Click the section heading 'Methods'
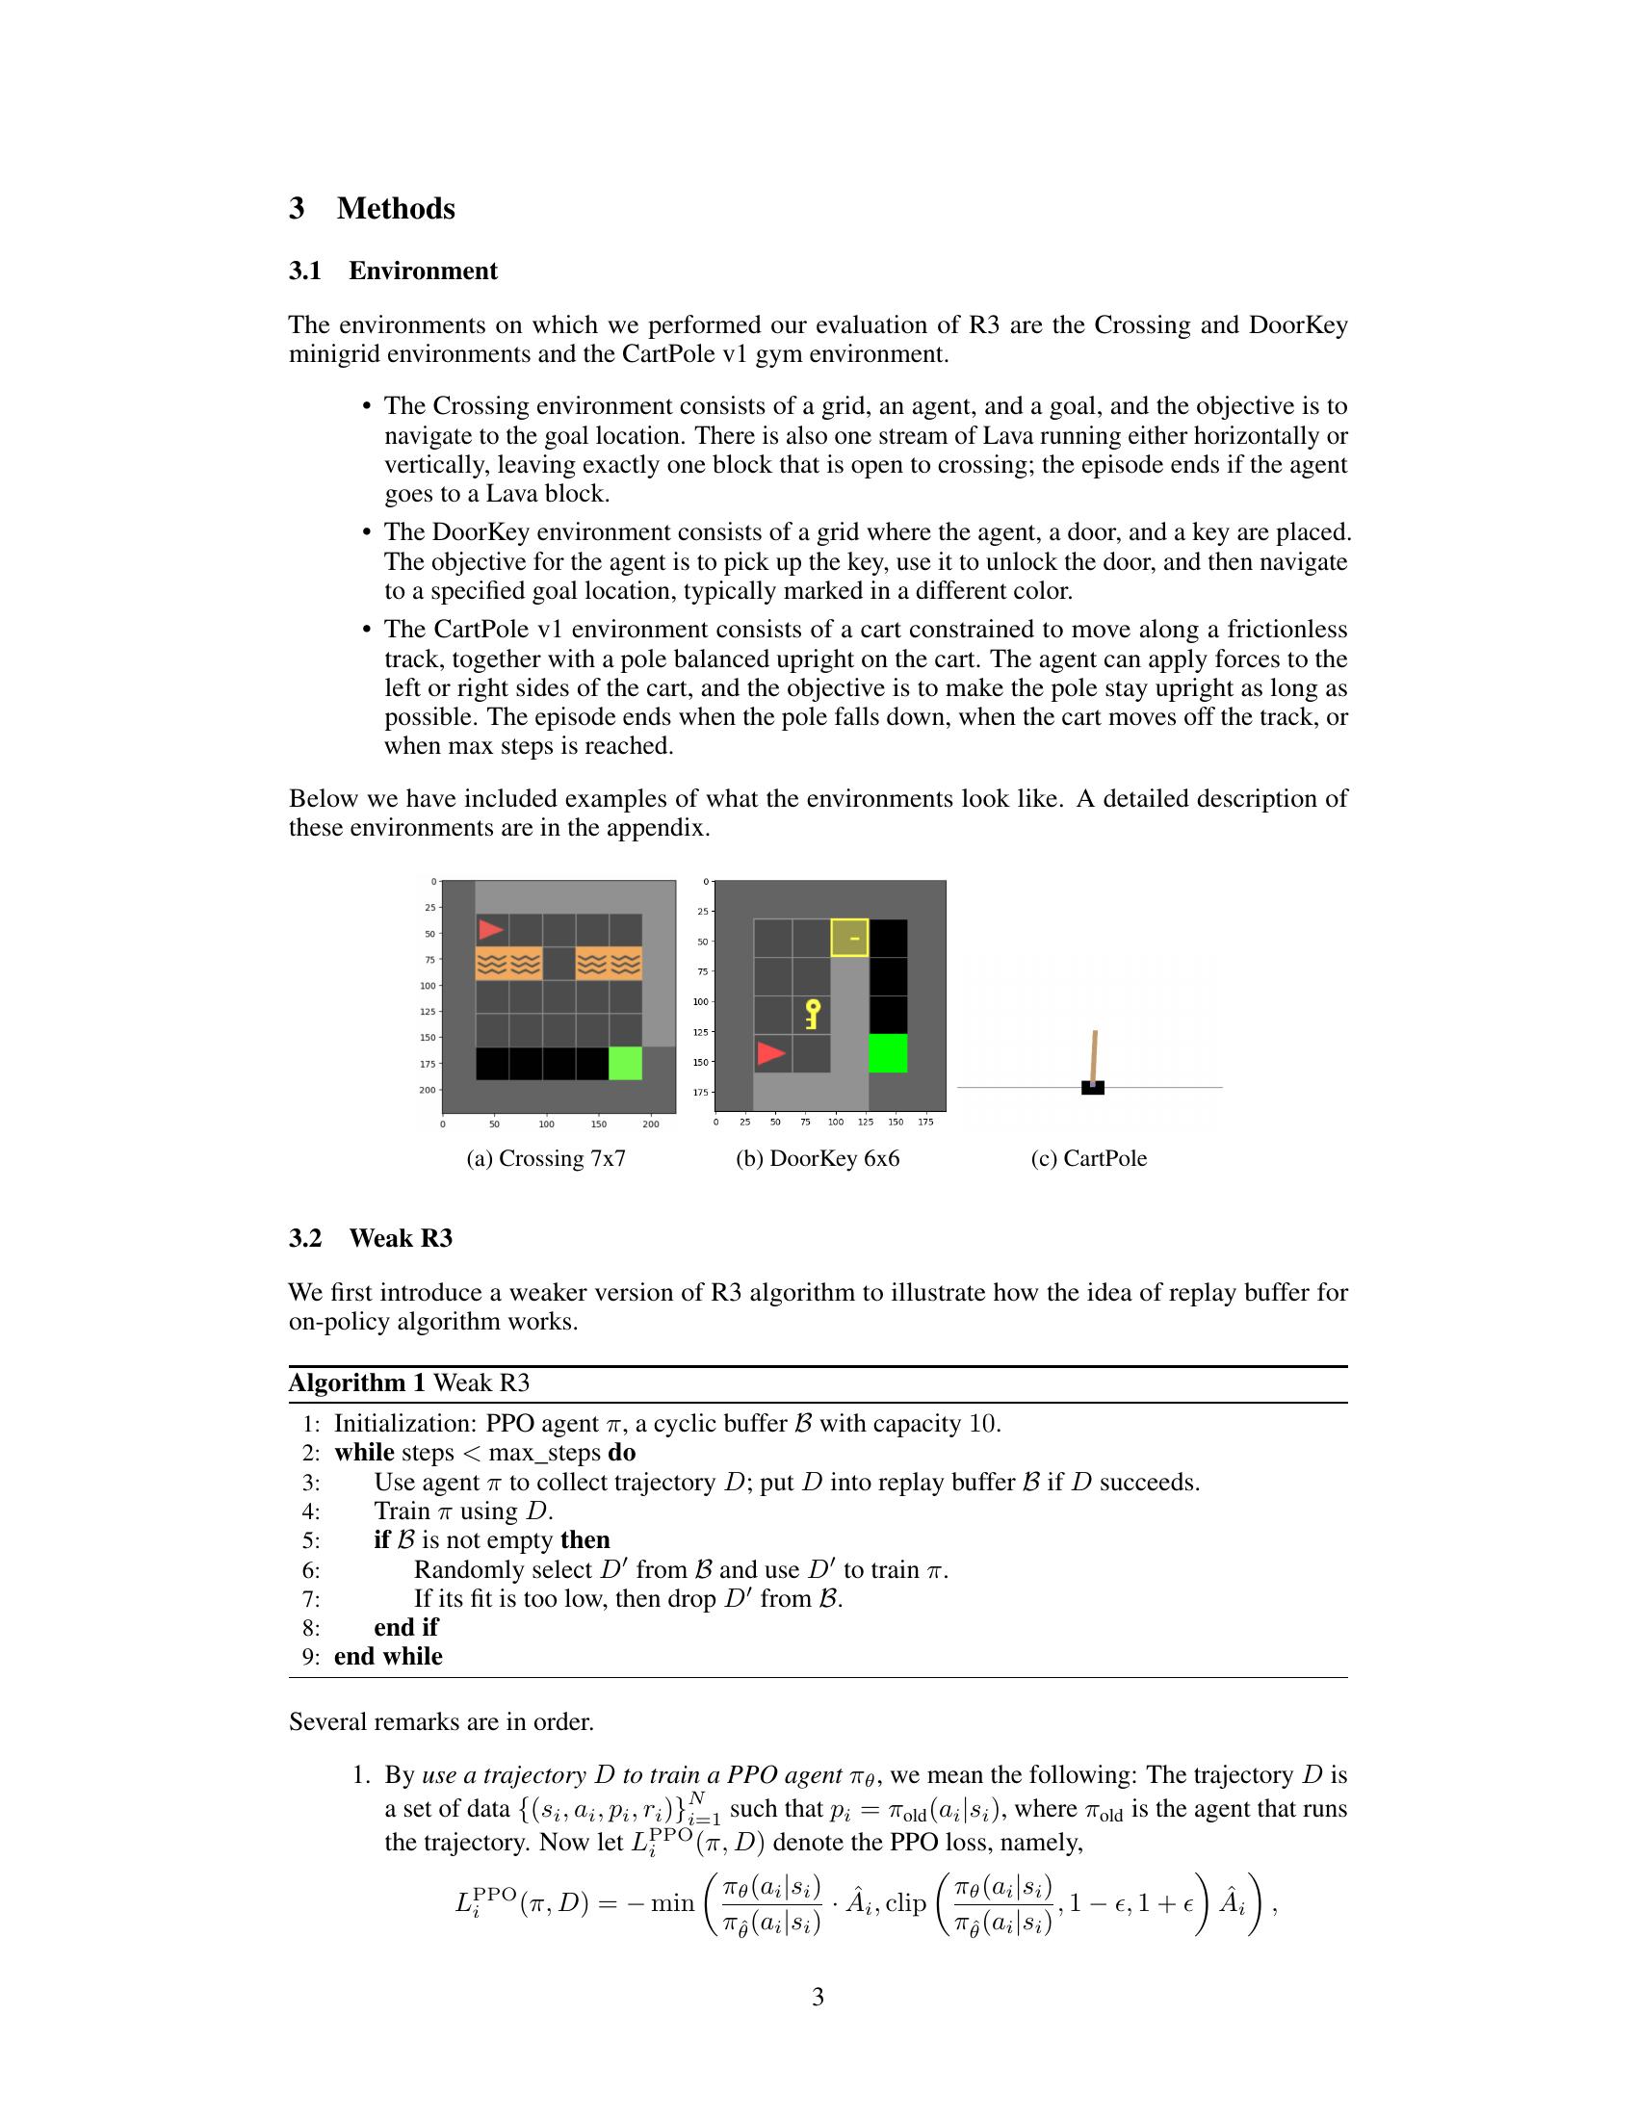click(x=396, y=209)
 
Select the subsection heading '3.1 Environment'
click(x=393, y=271)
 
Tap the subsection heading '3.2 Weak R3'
click(x=371, y=1238)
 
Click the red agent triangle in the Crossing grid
click(x=491, y=930)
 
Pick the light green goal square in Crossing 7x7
click(x=626, y=1063)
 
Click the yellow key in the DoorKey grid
click(x=813, y=1015)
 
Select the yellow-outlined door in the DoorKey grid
click(x=849, y=938)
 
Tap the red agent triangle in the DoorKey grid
click(x=770, y=1053)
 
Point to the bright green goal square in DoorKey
click(x=888, y=1053)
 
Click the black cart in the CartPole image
click(x=1093, y=1088)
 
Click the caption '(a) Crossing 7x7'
click(x=546, y=1159)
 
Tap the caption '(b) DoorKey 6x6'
click(x=818, y=1159)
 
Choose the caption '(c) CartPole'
click(x=1088, y=1159)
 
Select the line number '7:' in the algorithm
click(x=310, y=1599)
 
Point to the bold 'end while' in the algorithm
click(x=388, y=1658)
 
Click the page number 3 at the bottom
click(x=818, y=1997)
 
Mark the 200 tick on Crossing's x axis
click(x=651, y=1124)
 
